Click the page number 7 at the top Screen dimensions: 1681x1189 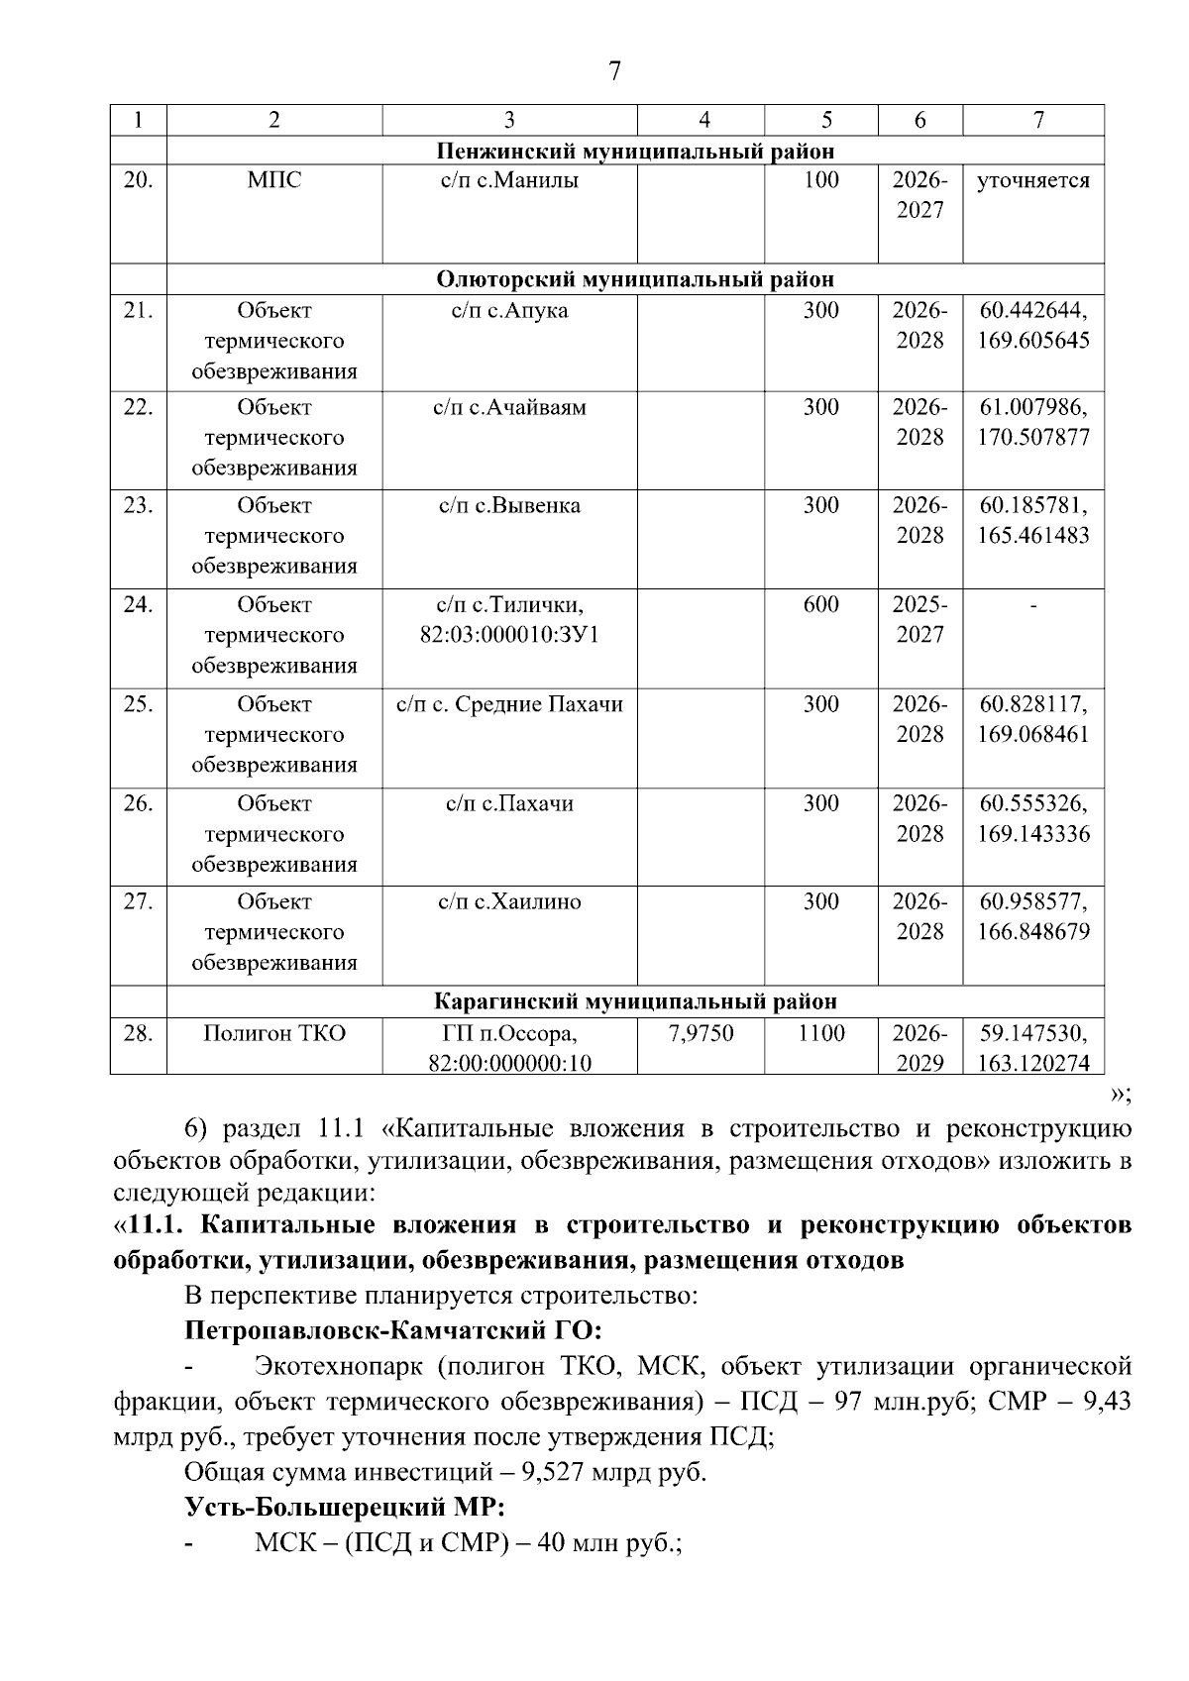point(614,71)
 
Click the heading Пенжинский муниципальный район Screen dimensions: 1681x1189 point(635,152)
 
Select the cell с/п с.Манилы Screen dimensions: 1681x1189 point(509,180)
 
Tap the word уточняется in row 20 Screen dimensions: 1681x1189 point(1032,181)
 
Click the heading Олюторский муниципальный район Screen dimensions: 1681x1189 point(635,279)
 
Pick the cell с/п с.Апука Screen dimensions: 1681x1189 point(509,311)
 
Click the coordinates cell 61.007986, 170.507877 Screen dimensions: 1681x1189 point(1033,422)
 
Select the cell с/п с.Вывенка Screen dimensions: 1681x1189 point(509,506)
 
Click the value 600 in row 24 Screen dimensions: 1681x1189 point(820,604)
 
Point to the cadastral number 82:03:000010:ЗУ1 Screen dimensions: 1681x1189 point(509,635)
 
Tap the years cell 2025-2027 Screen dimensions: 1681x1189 point(919,619)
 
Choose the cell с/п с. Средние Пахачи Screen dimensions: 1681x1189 point(509,704)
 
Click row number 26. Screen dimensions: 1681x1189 point(138,803)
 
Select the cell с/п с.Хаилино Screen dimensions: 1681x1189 point(509,901)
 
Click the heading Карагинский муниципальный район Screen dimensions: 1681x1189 point(635,1002)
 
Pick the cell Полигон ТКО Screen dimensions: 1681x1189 point(274,1034)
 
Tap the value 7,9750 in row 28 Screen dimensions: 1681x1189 point(701,1034)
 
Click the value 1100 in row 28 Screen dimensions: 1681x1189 point(820,1034)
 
